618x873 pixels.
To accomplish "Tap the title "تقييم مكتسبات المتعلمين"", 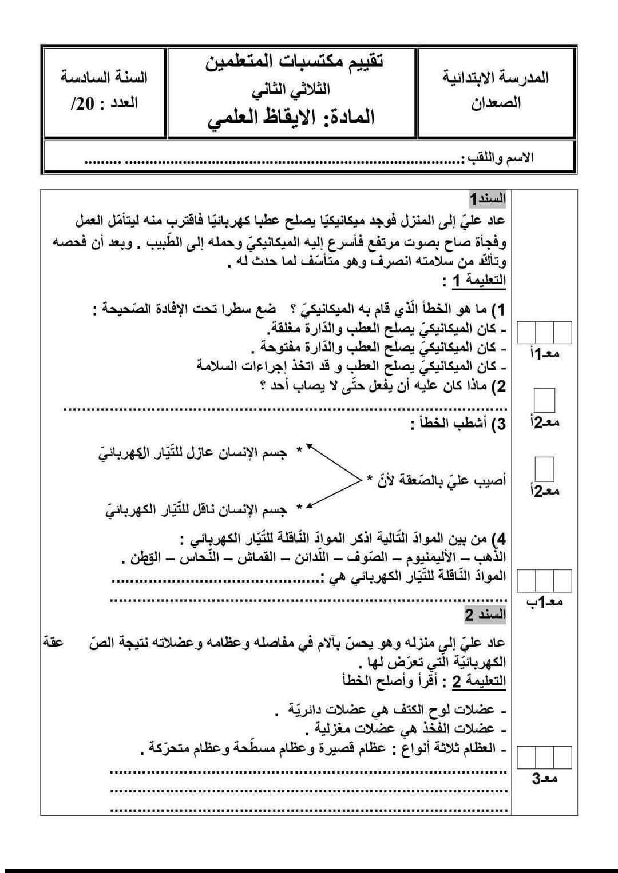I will click(295, 61).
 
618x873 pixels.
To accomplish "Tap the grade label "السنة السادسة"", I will click(104, 77).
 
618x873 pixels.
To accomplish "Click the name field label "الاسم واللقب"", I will click(501, 157).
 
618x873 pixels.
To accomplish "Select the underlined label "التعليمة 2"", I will click(480, 681).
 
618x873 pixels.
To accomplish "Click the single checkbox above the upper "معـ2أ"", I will click(545, 400).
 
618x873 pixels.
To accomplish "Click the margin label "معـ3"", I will click(545, 778).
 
